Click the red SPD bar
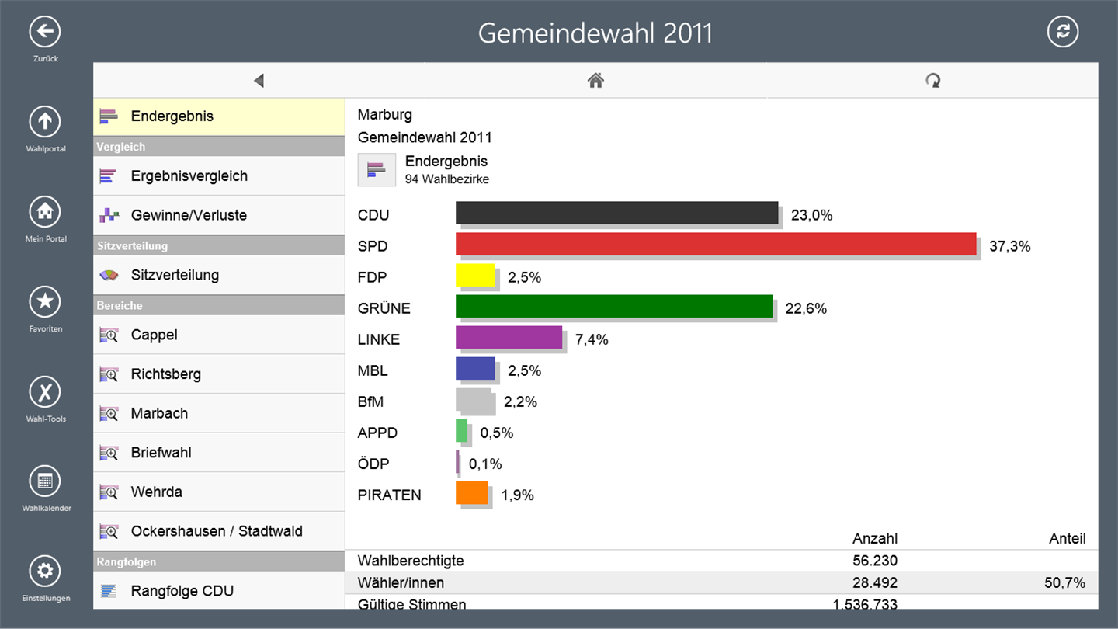[x=715, y=244]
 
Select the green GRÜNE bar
[x=613, y=306]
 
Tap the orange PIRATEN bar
[x=471, y=492]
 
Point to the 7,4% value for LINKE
[x=592, y=339]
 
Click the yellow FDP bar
[x=475, y=275]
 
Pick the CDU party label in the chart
[x=373, y=215]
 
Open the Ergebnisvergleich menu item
[x=189, y=175]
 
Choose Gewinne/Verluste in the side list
[x=189, y=215]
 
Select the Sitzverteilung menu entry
[x=175, y=275]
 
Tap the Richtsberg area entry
[x=165, y=374]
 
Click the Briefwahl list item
[x=161, y=453]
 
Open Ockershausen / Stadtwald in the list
[x=217, y=531]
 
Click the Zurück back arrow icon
[x=45, y=32]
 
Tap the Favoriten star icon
[x=45, y=301]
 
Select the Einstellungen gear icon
[x=45, y=572]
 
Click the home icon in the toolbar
[x=595, y=80]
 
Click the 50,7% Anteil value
[x=1064, y=582]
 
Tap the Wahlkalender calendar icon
[x=45, y=481]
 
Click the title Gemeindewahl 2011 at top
[x=595, y=33]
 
